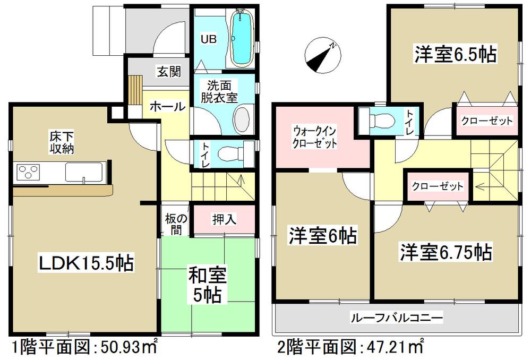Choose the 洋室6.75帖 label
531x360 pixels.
click(x=446, y=251)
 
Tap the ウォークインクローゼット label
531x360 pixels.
click(x=315, y=136)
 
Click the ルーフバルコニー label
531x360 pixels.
click(x=396, y=318)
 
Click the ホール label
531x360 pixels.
click(x=167, y=107)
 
